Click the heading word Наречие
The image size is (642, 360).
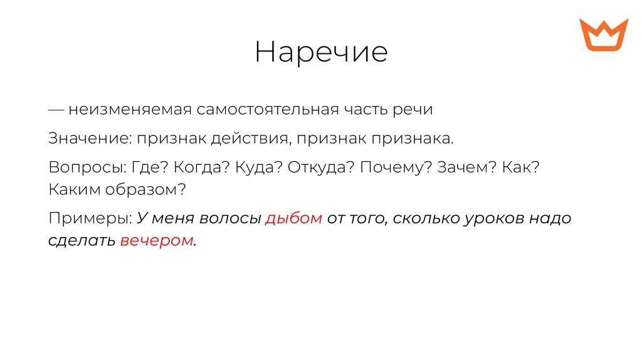tap(321, 53)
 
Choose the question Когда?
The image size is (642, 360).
tap(198, 169)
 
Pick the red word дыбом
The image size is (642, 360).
tap(294, 219)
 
